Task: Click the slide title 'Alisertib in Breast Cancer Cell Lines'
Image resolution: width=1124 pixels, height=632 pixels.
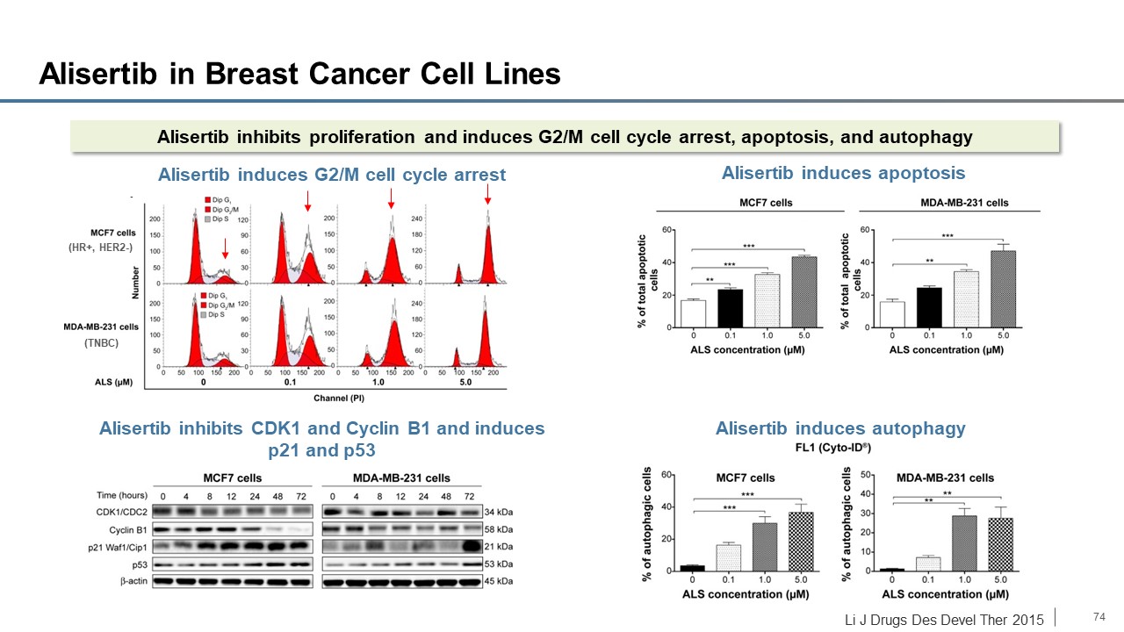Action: click(x=299, y=75)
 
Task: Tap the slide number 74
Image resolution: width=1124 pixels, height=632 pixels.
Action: click(x=1098, y=616)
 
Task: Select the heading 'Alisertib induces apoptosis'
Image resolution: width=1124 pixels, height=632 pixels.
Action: click(x=843, y=173)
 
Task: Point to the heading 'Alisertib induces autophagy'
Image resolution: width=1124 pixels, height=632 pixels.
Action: click(x=840, y=428)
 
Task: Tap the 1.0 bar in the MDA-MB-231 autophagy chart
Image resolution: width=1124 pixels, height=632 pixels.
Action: click(x=965, y=542)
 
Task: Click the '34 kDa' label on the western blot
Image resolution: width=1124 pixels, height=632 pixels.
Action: click(x=501, y=511)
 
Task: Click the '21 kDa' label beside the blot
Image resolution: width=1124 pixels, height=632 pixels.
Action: click(x=501, y=546)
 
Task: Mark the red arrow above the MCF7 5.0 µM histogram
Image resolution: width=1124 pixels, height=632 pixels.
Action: click(x=487, y=202)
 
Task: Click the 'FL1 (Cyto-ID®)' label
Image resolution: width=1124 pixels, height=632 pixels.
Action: click(x=840, y=448)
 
